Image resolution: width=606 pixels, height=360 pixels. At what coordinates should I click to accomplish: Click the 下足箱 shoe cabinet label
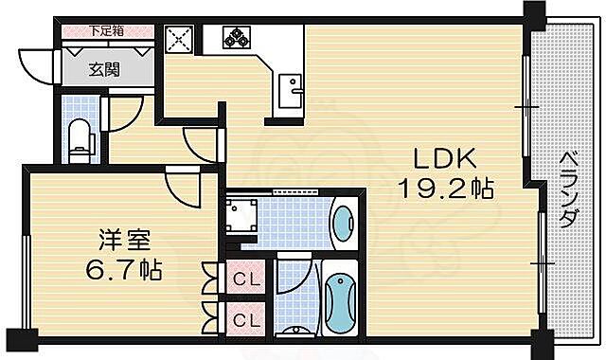(107, 30)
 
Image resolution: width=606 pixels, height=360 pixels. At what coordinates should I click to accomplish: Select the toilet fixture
(80, 138)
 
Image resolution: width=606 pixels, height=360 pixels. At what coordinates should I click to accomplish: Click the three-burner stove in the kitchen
(235, 39)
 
